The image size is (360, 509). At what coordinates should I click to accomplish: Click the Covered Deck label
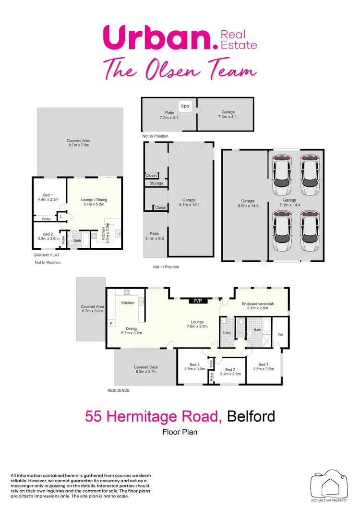(146, 367)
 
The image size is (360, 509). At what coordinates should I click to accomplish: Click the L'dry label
(228, 332)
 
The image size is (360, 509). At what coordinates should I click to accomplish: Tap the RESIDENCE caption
(118, 390)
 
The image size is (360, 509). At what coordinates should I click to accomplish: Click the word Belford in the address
(251, 416)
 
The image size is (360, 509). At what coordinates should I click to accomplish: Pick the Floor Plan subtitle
(180, 432)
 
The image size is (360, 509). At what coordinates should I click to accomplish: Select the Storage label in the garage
(156, 183)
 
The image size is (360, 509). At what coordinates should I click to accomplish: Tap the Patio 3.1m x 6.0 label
(155, 236)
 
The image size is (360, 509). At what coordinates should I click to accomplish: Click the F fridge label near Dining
(111, 324)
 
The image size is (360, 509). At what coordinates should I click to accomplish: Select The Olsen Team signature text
(180, 70)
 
